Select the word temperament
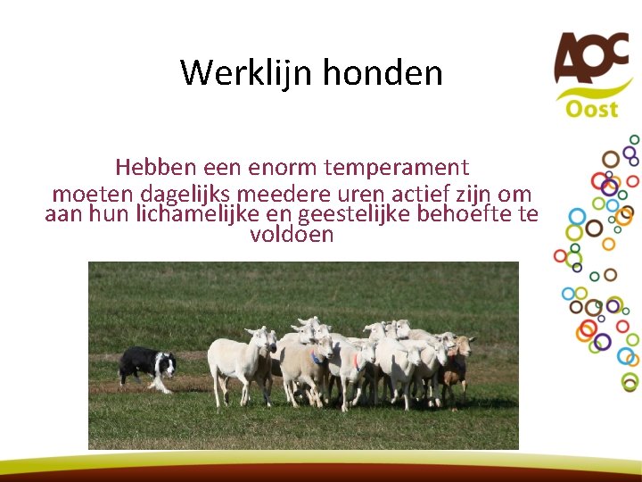397,167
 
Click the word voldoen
292,236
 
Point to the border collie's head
166,362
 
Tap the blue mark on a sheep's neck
315,357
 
